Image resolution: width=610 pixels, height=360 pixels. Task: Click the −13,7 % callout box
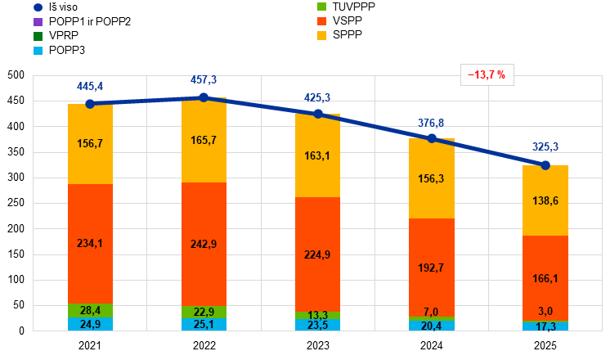click(x=487, y=75)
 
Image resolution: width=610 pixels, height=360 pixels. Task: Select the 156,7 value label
click(x=90, y=143)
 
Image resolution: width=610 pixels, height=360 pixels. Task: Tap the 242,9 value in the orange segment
click(x=204, y=244)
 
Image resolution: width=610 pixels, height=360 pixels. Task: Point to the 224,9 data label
click(x=317, y=254)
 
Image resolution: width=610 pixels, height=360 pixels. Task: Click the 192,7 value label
click(x=431, y=268)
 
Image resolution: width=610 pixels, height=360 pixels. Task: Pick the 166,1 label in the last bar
click(x=545, y=278)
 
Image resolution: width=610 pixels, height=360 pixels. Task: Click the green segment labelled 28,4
click(x=90, y=310)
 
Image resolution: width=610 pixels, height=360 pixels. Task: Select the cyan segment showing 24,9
click(x=90, y=324)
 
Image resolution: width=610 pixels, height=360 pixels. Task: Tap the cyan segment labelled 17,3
click(x=545, y=326)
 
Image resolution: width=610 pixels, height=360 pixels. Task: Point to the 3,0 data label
click(x=545, y=311)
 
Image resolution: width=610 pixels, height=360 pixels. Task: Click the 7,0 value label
click(x=431, y=312)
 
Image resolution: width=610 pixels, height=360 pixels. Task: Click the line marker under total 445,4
click(x=90, y=104)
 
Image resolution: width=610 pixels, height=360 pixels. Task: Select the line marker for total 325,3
click(x=545, y=164)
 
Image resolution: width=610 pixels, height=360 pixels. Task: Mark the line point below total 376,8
click(x=432, y=138)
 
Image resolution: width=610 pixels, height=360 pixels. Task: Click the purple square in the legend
click(x=38, y=21)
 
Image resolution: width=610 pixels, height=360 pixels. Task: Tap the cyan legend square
click(x=38, y=51)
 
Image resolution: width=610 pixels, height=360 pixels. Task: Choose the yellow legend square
click(x=322, y=36)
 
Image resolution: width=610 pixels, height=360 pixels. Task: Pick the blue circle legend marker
click(x=38, y=7)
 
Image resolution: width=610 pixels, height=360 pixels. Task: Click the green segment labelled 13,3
click(x=317, y=316)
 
